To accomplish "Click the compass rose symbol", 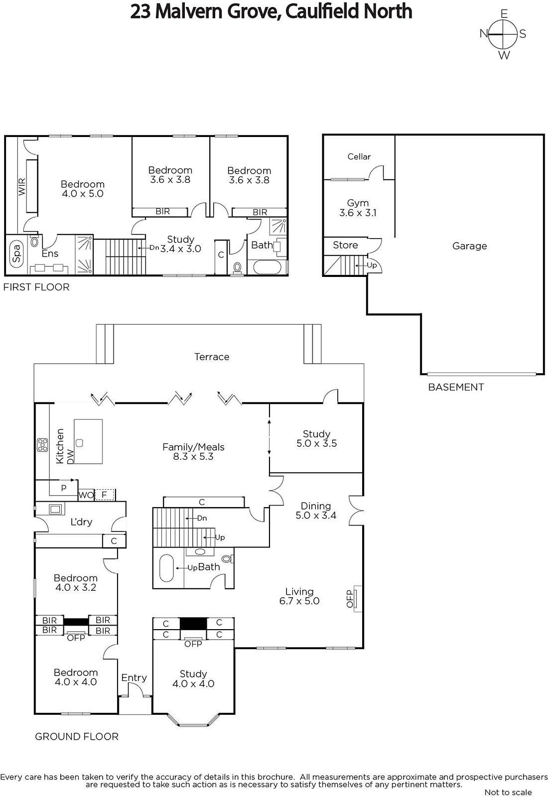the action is [503, 34].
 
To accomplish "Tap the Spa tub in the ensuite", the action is [16, 254].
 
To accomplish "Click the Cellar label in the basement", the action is [359, 156].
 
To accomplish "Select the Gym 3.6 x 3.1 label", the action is [358, 208].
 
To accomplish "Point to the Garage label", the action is [469, 246].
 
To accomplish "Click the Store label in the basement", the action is [345, 245].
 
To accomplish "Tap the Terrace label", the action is [212, 357].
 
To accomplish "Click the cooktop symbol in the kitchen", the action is [43, 445].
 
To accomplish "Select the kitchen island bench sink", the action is [79, 443].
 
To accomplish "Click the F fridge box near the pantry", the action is [105, 495].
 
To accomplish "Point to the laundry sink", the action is [55, 509].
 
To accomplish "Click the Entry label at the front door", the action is [134, 677].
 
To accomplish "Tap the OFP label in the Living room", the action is [350, 599].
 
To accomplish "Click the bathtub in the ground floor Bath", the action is [167, 568].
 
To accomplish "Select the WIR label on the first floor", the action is [22, 186].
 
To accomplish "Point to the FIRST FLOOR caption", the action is [36, 287].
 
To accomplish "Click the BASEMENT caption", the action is [456, 387].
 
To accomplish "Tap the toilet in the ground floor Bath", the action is [227, 559].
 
